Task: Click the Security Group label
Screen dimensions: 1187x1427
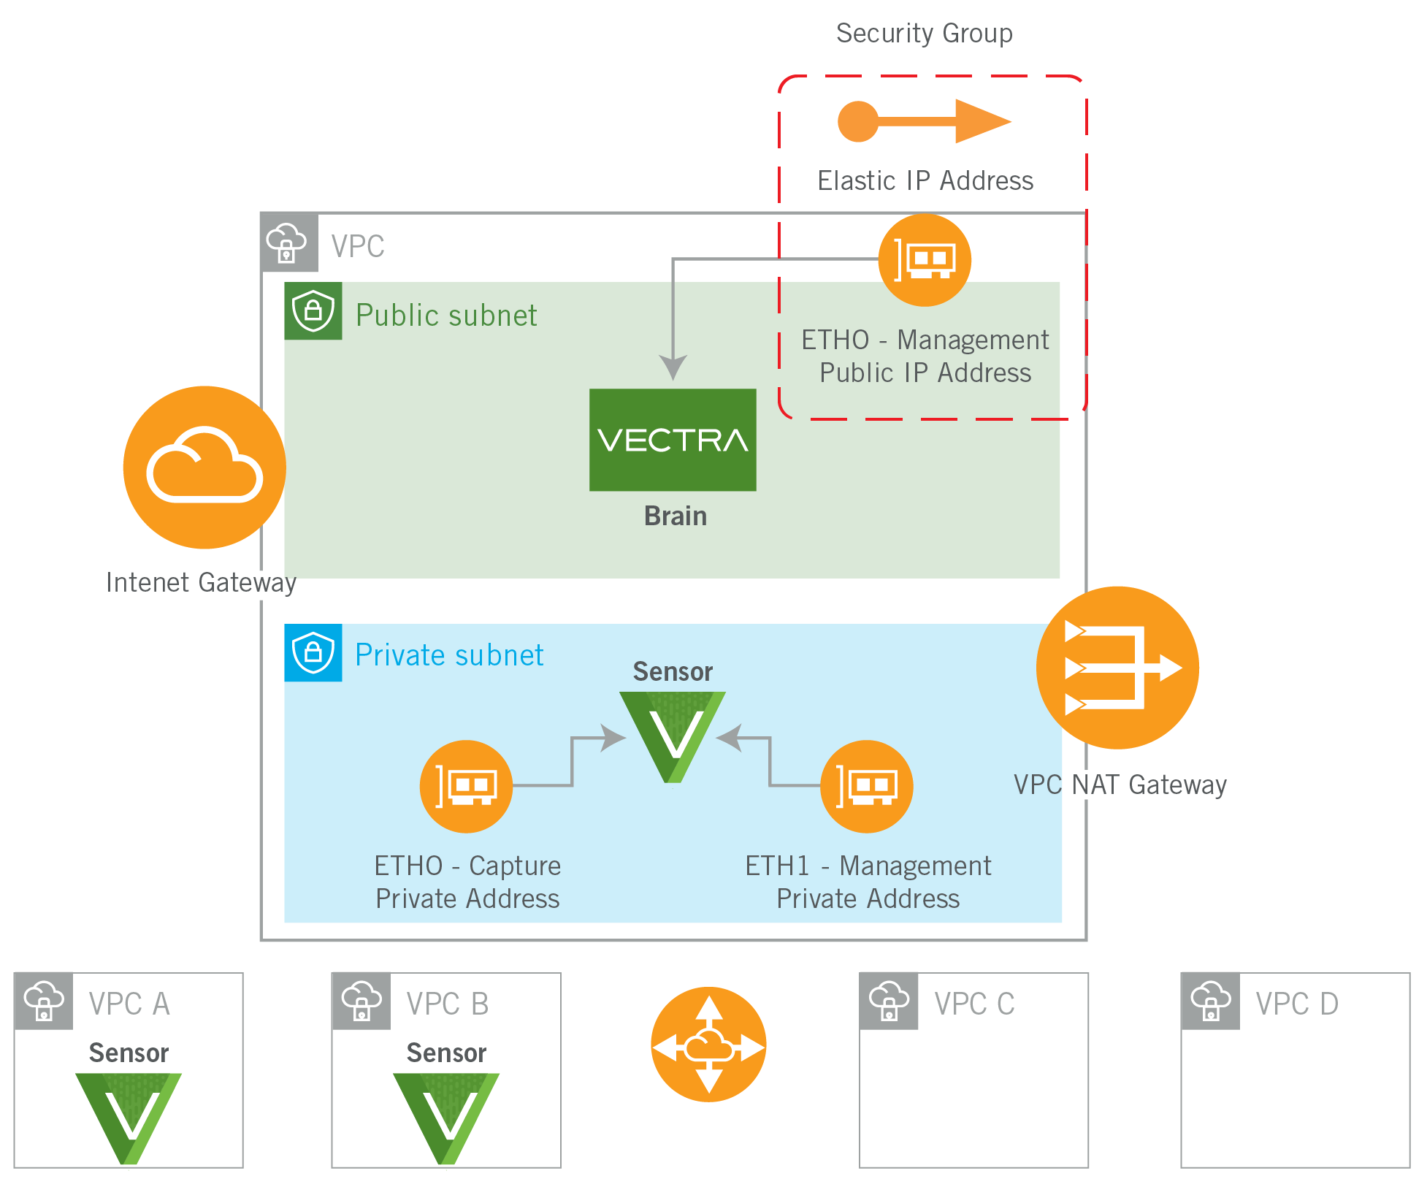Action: pos(924,34)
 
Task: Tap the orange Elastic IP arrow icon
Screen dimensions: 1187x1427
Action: pos(924,121)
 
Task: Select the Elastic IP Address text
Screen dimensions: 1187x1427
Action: pos(925,180)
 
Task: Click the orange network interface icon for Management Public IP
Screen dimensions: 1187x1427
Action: pos(925,260)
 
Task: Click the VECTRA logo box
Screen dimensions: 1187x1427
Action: pos(673,440)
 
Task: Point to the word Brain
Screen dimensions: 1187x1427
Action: pos(676,516)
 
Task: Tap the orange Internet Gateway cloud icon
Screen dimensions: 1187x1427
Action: pos(204,467)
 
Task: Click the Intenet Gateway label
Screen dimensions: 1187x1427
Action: pos(201,582)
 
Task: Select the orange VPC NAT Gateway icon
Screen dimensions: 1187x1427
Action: pos(1117,668)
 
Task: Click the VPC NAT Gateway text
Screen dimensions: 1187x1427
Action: pos(1120,785)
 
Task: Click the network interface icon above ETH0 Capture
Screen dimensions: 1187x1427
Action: pos(466,787)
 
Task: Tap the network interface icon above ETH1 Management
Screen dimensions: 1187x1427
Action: pos(867,787)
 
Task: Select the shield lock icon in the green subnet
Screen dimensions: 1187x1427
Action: pos(313,311)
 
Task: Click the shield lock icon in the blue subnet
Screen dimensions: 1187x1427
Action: pos(313,652)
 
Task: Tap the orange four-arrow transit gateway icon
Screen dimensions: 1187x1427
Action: pos(708,1045)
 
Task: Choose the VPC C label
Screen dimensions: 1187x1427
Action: pos(974,1004)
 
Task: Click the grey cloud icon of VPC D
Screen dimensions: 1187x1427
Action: pos(1210,1001)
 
